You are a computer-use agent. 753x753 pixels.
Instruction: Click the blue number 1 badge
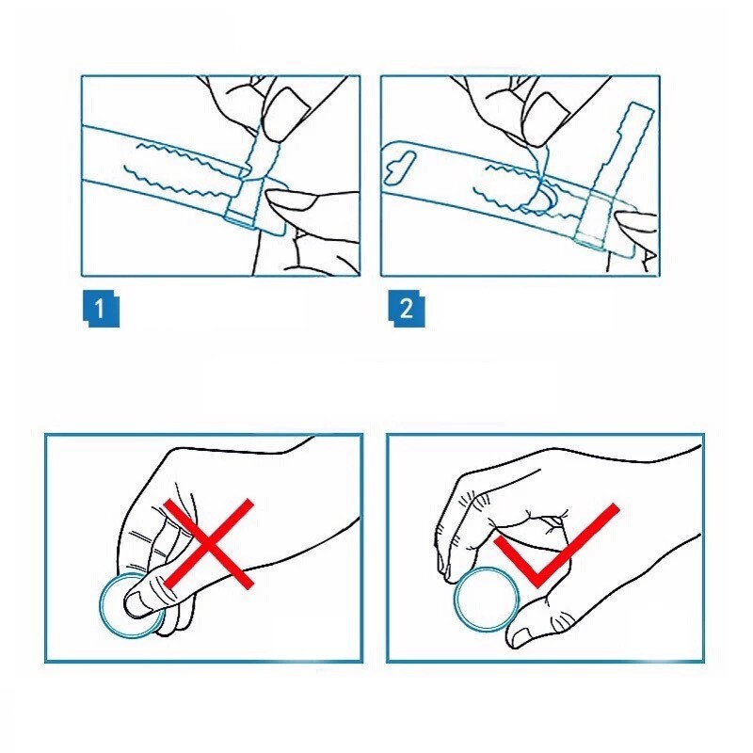(x=101, y=309)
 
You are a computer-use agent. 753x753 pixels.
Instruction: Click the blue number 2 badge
(x=407, y=309)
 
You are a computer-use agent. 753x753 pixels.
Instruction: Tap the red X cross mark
(x=208, y=543)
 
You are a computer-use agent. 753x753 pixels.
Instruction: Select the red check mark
(x=556, y=545)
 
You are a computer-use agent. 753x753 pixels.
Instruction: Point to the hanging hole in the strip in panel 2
(x=400, y=168)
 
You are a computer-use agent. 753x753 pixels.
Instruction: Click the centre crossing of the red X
(x=208, y=543)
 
